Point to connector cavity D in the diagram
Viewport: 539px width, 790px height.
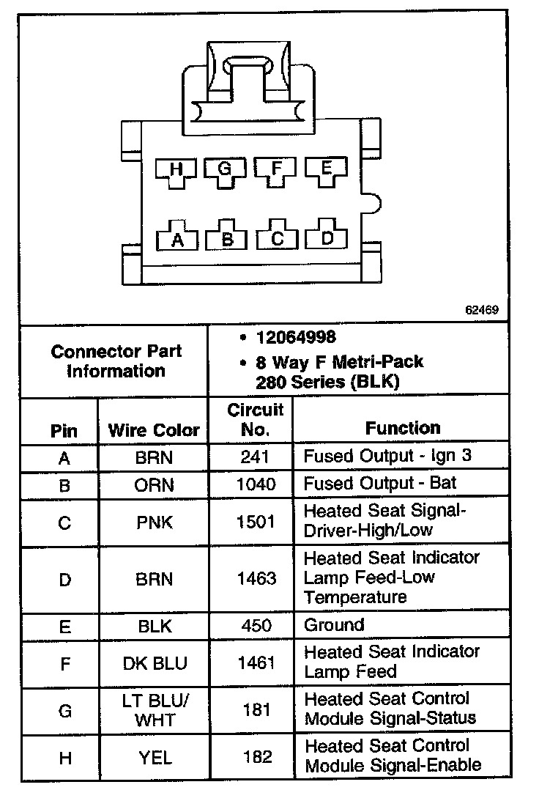point(327,237)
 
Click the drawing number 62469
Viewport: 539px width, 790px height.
point(481,310)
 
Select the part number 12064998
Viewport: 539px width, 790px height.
point(295,337)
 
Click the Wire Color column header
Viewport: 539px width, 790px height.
point(154,430)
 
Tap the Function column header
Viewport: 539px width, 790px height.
point(403,428)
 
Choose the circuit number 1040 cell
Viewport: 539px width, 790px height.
point(257,484)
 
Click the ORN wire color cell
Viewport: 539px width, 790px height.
point(154,484)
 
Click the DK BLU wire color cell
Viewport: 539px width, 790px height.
point(154,663)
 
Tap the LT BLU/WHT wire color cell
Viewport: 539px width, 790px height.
point(154,710)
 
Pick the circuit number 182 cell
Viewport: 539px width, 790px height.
point(257,757)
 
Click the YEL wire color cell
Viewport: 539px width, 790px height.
point(154,757)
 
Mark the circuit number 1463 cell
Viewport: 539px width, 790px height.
point(257,579)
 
